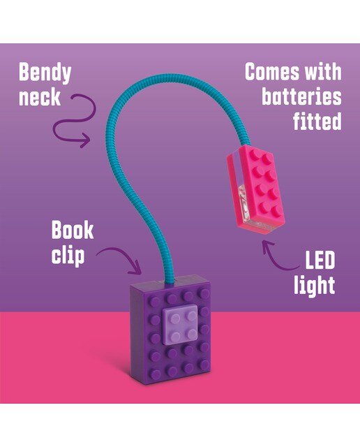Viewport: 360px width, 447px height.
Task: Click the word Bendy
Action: [x=45, y=73]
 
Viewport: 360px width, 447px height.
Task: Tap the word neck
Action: [x=40, y=97]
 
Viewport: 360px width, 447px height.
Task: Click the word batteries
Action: [x=301, y=96]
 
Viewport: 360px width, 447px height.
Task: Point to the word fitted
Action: [x=317, y=121]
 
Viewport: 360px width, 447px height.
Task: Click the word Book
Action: [x=73, y=230]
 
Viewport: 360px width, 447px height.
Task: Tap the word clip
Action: [x=68, y=256]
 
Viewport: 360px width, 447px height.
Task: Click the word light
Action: [x=315, y=286]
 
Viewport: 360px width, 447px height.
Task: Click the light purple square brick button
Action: [x=180, y=325]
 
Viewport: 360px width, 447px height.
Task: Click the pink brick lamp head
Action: [x=256, y=189]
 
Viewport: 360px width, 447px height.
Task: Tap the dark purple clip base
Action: [x=171, y=330]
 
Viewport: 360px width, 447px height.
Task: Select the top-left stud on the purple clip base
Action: [x=155, y=301]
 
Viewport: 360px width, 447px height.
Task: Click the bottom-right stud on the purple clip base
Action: [x=204, y=365]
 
